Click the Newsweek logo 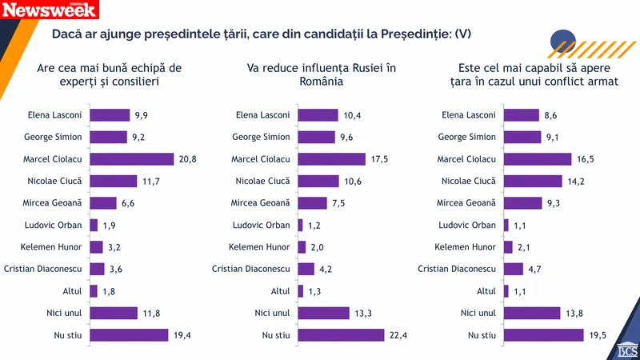50,10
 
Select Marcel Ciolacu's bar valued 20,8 132,159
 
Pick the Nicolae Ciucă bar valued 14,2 533,181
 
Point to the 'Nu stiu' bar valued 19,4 129,334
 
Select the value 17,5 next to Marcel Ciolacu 381,159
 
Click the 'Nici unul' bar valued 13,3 324,313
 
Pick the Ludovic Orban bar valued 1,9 94,225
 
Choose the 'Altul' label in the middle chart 281,291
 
